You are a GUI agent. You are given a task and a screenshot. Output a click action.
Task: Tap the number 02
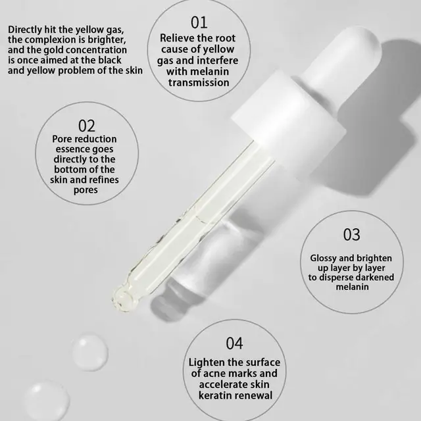(x=86, y=125)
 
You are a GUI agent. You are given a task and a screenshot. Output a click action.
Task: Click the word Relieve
(x=179, y=39)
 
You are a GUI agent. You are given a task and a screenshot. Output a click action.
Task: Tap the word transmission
(x=199, y=83)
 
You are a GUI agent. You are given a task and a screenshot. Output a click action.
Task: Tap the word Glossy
(x=325, y=259)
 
